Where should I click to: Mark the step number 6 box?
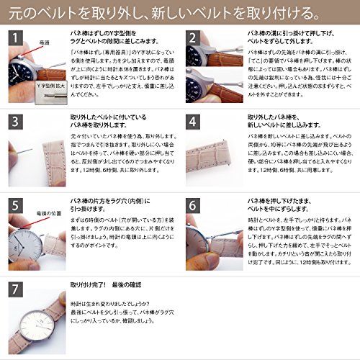(x=194, y=204)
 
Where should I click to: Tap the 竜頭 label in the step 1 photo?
(x=45, y=42)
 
